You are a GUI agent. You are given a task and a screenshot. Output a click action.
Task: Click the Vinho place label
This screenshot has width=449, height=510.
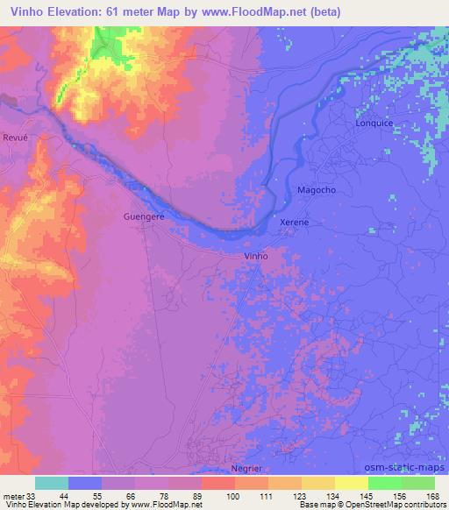254,256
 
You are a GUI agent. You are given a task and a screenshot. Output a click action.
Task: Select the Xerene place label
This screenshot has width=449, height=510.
294,223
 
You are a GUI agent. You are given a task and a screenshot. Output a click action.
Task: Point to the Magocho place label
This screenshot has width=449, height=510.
317,190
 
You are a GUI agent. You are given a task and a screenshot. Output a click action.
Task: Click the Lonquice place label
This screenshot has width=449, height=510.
374,124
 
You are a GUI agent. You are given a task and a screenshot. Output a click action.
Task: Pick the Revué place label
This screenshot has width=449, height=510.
15,138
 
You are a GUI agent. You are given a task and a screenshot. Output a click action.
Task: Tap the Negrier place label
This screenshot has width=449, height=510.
246,468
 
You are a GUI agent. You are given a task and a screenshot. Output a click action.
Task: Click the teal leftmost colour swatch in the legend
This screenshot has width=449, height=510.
52,483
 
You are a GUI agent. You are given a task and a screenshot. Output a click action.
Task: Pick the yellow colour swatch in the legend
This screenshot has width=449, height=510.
351,483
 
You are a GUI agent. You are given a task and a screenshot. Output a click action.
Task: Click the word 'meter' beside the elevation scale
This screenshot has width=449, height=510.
13,495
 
